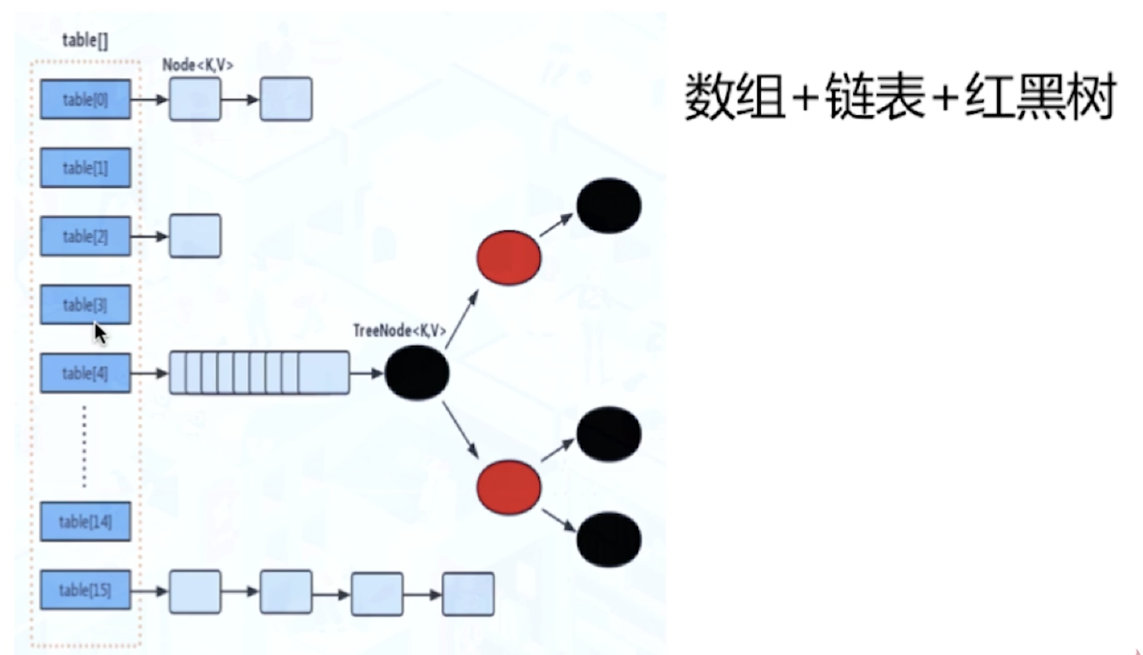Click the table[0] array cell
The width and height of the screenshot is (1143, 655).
click(85, 99)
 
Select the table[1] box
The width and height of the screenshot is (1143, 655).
click(85, 167)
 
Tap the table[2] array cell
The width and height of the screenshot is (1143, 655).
click(85, 236)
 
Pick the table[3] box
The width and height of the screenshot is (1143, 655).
click(85, 304)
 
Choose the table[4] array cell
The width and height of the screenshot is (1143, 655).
click(85, 373)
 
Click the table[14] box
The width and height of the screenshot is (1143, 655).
click(85, 522)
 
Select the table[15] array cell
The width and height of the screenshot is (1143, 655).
click(85, 590)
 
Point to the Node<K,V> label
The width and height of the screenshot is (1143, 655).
click(198, 65)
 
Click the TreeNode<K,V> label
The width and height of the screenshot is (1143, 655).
click(399, 331)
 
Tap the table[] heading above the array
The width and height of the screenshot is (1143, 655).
click(85, 40)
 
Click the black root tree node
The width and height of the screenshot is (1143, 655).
click(417, 373)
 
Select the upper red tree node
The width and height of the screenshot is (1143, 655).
click(509, 258)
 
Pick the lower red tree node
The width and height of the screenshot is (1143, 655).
click(509, 488)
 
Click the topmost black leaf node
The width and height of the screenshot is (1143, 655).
click(609, 206)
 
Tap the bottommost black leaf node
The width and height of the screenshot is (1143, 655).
click(609, 540)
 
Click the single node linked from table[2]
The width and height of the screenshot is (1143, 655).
click(195, 236)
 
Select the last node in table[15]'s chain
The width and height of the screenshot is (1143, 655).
click(468, 594)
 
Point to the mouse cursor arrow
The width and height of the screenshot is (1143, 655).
click(100, 334)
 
